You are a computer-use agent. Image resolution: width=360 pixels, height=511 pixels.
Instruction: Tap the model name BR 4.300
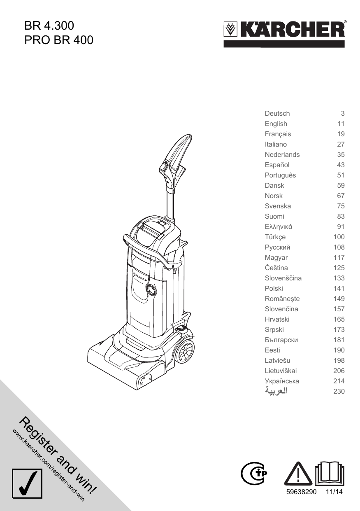pos(49,26)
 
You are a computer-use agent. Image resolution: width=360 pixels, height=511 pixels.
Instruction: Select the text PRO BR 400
pos(59,40)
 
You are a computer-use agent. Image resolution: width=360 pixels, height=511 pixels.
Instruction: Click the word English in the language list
pos(276,124)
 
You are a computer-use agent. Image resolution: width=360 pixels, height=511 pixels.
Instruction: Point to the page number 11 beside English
pos(341,124)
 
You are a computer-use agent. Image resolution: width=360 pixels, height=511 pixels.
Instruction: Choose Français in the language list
pos(278,134)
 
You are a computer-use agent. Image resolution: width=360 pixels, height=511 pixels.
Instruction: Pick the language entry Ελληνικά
pos(279,227)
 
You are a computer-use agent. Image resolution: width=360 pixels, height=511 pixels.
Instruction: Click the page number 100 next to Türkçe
pos(339,237)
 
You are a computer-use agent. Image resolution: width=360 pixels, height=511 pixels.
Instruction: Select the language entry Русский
pos(277,247)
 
